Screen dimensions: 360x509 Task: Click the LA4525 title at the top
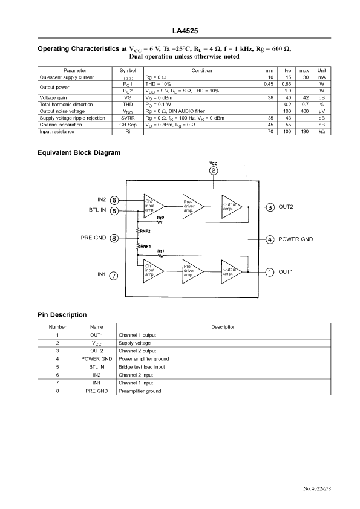185,31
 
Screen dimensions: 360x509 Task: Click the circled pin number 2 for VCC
214,170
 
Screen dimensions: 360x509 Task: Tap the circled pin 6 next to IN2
114,200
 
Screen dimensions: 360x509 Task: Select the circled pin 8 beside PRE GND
114,238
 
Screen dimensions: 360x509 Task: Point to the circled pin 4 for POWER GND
270,239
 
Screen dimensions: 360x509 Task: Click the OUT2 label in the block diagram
286,207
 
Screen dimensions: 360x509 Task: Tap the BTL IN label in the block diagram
97,210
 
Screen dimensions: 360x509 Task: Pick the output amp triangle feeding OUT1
232,271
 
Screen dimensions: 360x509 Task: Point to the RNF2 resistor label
145,231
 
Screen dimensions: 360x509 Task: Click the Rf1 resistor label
161,251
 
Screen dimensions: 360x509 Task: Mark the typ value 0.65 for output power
287,84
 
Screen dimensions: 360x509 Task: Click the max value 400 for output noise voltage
304,111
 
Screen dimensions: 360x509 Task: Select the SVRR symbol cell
128,118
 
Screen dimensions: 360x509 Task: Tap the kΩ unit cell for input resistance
322,132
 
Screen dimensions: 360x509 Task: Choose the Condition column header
201,71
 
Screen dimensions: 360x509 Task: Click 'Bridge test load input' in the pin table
142,367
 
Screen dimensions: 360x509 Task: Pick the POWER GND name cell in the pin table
96,359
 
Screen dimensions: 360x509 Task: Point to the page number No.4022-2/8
317,488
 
